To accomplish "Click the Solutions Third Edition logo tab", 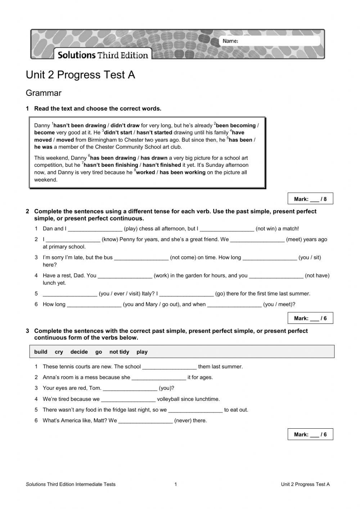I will [103, 55].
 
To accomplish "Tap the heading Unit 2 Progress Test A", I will [80, 75].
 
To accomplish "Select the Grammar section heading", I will [44, 93].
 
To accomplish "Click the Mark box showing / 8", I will [310, 199].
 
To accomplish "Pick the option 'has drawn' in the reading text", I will [154, 158].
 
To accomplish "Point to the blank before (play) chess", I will [95, 229].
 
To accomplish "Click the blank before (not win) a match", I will [227, 229].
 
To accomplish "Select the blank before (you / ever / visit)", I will [70, 294].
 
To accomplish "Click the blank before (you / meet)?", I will [234, 304].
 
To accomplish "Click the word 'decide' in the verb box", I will [79, 352].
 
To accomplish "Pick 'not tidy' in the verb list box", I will [119, 352].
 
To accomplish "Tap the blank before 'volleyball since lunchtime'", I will [128, 399].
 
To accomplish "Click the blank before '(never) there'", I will [145, 421].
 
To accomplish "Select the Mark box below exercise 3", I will [310, 434].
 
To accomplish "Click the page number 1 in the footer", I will [176, 485].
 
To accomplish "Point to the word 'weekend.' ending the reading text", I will [46, 180].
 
